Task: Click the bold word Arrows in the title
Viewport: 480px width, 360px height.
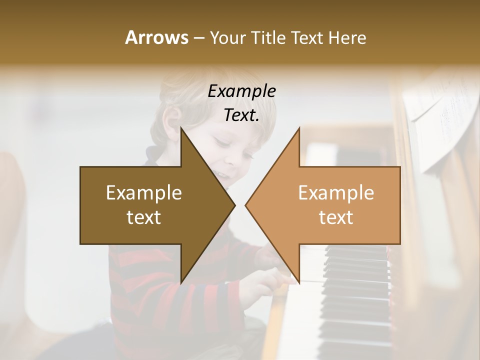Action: point(156,37)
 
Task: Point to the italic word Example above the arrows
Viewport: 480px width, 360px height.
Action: point(241,91)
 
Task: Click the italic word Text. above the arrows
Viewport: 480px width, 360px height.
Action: point(241,115)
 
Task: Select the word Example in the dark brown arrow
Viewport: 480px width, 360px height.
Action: point(144,192)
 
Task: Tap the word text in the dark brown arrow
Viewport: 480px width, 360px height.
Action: point(144,217)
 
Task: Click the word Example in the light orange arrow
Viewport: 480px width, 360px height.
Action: point(336,192)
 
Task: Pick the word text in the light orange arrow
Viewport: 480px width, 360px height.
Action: point(336,217)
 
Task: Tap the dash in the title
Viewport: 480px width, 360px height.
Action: point(198,38)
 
